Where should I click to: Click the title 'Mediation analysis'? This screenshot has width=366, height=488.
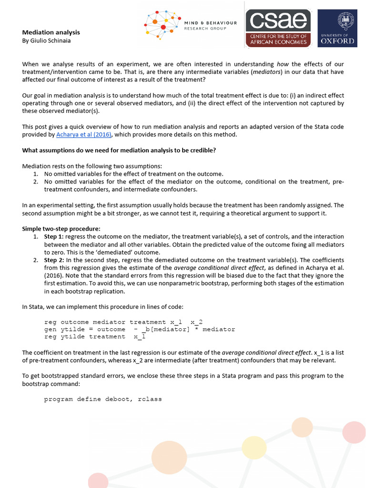coord(51,32)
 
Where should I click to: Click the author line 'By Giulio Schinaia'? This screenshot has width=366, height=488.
coord(46,41)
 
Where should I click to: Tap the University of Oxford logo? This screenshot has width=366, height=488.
coord(337,28)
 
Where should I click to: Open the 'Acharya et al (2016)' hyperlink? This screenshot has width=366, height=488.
coord(84,134)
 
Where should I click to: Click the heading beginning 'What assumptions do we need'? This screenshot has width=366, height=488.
coord(119,150)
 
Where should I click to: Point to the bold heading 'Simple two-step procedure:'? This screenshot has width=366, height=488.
coord(61,229)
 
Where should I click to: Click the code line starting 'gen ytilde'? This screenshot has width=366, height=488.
coord(139,329)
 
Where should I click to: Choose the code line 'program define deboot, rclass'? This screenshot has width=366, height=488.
coord(102,399)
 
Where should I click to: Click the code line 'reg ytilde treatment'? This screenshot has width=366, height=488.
coord(94,337)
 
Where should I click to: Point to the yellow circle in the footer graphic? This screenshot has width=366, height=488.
coord(254,447)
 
